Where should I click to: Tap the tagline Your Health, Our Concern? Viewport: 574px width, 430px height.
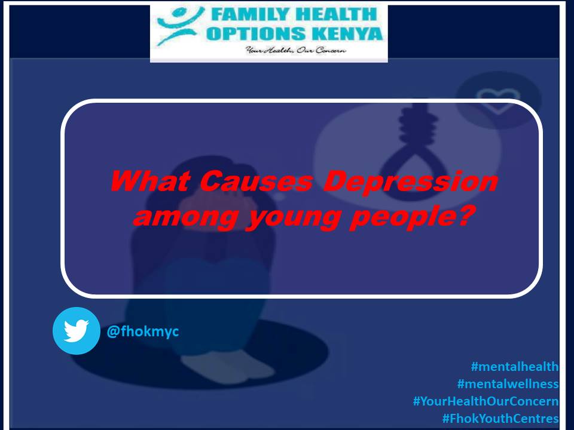point(296,51)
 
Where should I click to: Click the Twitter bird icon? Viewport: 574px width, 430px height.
point(76,330)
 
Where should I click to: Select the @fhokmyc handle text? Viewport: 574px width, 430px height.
point(142,331)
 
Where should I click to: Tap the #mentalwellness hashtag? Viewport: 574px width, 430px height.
point(508,384)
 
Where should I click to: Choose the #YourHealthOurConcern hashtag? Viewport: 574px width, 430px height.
point(486,401)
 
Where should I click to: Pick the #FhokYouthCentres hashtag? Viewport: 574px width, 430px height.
point(500,419)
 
